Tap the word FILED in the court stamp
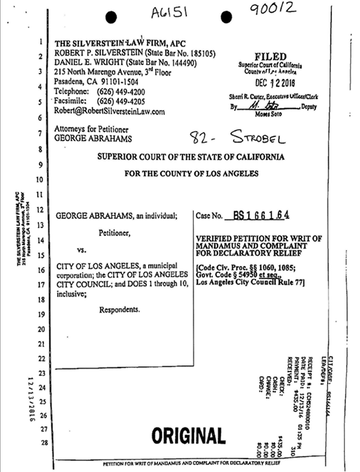point(270,56)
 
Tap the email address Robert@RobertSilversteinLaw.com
point(110,111)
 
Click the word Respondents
point(120,309)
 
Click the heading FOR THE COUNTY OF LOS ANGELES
point(192,174)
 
